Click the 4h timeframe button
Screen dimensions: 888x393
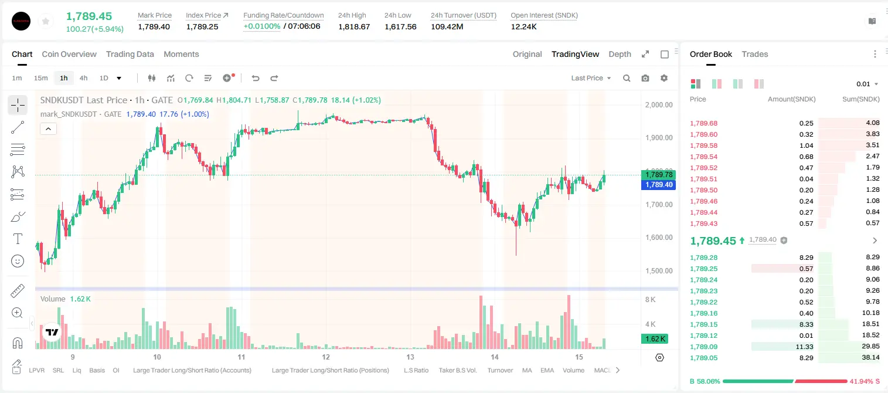pos(83,78)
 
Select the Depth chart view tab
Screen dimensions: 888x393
pos(620,54)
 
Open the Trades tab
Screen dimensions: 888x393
pos(755,54)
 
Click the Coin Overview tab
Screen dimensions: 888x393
pos(69,54)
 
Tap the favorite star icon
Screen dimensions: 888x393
pos(46,22)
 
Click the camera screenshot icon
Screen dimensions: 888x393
pos(645,78)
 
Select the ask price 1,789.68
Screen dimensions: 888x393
pos(704,123)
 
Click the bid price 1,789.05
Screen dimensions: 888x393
pos(704,358)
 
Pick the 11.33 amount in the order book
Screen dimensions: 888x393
pos(804,347)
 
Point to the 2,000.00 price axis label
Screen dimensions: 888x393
pos(659,104)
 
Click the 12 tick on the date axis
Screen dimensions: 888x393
pos(326,357)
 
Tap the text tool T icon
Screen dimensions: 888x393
pos(18,239)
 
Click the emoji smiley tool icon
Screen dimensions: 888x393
pos(18,261)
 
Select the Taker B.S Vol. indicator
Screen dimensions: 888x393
pos(457,370)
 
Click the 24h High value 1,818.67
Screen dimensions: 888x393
pos(354,26)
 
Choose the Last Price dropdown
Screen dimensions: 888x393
pos(591,78)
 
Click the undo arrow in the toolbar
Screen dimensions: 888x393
pos(256,78)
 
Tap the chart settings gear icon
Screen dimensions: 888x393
pos(664,78)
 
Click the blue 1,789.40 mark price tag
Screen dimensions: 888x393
pos(658,185)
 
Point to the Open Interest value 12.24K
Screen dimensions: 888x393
pos(523,26)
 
